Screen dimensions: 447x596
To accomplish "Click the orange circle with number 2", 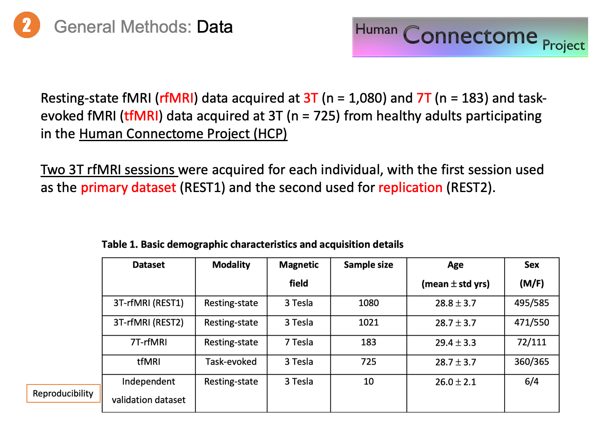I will (27, 25).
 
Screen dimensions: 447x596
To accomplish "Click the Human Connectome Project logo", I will (470, 37).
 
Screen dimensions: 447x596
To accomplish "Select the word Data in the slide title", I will (214, 27).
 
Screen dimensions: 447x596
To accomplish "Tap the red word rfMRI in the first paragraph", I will (177, 98).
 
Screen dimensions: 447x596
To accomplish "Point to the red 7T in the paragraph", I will (424, 98).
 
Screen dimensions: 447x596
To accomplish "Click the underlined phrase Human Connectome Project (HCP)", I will (183, 134).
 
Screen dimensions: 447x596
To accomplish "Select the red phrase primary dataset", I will (128, 187).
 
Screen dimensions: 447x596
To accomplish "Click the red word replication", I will (410, 187).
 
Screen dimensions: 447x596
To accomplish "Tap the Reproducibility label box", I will (63, 393).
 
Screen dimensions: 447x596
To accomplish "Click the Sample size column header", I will (368, 265).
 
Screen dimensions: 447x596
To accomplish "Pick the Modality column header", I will (231, 265).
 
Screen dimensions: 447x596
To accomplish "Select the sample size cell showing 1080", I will (368, 303).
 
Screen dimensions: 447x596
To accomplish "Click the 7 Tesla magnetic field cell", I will (298, 342).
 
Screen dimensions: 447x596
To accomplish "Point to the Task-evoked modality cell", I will (231, 362).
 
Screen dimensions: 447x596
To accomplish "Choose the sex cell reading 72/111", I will (531, 342).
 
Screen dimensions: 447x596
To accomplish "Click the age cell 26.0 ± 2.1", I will (455, 382).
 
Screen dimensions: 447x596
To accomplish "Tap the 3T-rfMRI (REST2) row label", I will (148, 322).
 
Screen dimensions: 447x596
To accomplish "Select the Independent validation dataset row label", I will (148, 391).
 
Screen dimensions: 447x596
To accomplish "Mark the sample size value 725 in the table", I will (368, 362).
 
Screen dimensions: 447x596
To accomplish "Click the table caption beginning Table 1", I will (252, 245).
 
